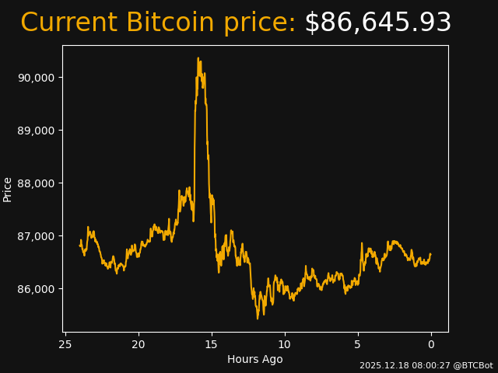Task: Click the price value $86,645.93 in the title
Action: (x=377, y=23)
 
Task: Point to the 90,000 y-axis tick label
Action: (x=36, y=78)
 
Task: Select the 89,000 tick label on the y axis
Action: (x=36, y=131)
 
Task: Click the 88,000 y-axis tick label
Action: (x=36, y=183)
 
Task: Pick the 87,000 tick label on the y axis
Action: (x=36, y=236)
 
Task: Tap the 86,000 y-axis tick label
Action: (x=36, y=289)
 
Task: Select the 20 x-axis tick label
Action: (x=139, y=344)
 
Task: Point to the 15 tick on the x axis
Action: (x=212, y=344)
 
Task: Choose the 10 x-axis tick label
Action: (x=285, y=344)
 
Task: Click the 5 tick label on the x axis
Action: (x=358, y=344)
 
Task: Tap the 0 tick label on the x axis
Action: (x=431, y=344)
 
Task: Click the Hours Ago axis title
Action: (x=255, y=359)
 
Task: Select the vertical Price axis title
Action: (x=8, y=189)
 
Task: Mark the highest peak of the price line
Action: (x=198, y=58)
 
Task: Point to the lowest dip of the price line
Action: (x=258, y=318)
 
